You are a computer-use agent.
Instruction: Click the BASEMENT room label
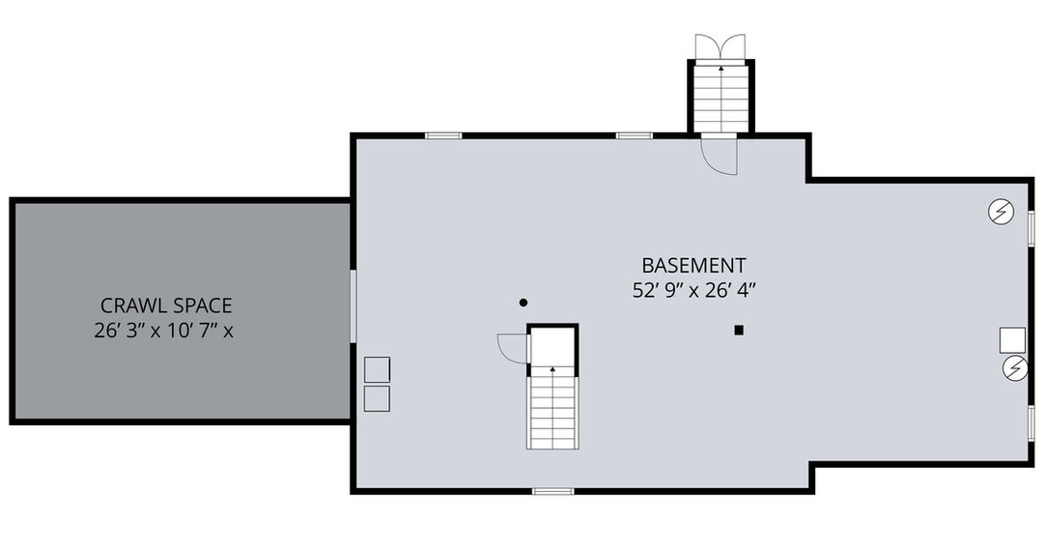693,265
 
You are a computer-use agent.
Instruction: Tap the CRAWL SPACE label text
166,305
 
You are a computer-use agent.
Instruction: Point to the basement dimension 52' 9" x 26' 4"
693,291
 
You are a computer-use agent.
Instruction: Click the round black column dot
523,303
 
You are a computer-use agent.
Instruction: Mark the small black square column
739,330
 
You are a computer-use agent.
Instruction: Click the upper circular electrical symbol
1001,212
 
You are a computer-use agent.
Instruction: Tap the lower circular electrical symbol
1015,368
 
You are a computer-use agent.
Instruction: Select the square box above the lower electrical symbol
1012,340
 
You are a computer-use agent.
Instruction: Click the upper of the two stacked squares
377,369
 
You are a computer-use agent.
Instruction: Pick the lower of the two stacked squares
377,398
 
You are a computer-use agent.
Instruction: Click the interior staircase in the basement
552,408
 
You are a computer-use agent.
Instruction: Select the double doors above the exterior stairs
721,46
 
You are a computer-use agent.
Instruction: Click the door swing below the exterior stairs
720,155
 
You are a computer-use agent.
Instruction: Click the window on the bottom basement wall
553,492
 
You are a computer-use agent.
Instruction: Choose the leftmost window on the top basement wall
443,135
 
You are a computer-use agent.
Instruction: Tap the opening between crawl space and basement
353,306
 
